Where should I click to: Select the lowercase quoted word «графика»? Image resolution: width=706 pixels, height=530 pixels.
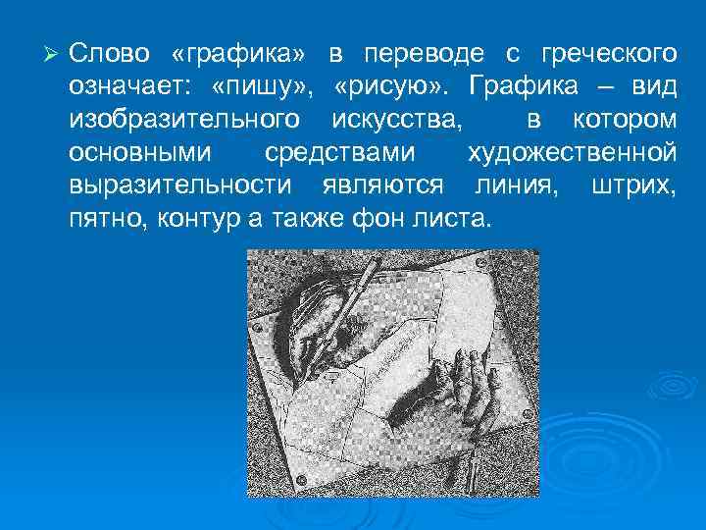(230, 51)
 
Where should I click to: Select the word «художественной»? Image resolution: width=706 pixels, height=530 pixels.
(572, 154)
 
